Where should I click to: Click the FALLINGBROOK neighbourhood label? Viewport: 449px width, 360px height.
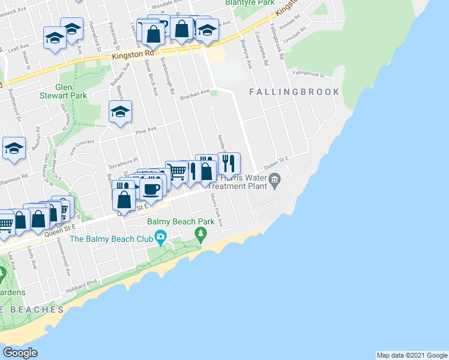(x=294, y=92)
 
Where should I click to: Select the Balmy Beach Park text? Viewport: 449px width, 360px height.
(x=181, y=221)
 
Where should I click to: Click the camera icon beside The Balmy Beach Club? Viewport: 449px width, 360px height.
(x=160, y=238)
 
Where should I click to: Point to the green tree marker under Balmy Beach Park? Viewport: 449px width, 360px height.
(x=200, y=232)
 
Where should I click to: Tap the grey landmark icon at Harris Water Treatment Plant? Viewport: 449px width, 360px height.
(x=275, y=178)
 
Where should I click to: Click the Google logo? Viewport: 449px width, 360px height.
(x=20, y=352)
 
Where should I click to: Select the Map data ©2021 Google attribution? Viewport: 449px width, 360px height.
(x=412, y=355)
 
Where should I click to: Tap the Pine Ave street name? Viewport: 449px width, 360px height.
(x=146, y=128)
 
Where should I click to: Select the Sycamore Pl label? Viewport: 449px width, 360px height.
(x=127, y=160)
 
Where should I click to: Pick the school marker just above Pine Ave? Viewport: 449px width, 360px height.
(x=120, y=112)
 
